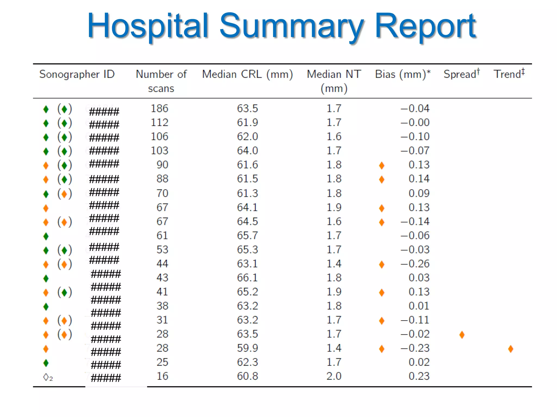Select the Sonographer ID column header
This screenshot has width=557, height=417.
[77, 74]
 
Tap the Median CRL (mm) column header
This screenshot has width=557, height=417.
[247, 74]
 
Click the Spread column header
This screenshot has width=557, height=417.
[461, 74]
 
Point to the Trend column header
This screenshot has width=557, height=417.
[509, 74]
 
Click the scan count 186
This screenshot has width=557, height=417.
[160, 109]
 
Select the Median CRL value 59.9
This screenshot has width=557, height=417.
[247, 348]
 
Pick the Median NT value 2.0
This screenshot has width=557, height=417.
[334, 376]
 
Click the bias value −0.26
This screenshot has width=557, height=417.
[415, 264]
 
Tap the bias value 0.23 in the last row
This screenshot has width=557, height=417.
[419, 376]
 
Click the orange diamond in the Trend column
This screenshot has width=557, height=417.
[510, 349]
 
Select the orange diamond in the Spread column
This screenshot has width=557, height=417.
[462, 335]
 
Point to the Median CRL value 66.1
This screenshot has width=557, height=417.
[247, 278]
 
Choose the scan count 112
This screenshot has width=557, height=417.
[160, 122]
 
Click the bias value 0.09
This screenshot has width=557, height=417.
[419, 193]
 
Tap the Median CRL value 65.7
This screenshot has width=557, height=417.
[247, 235]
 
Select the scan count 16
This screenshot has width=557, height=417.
[162, 376]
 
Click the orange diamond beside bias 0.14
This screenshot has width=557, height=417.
[382, 179]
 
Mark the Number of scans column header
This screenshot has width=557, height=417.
[161, 81]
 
